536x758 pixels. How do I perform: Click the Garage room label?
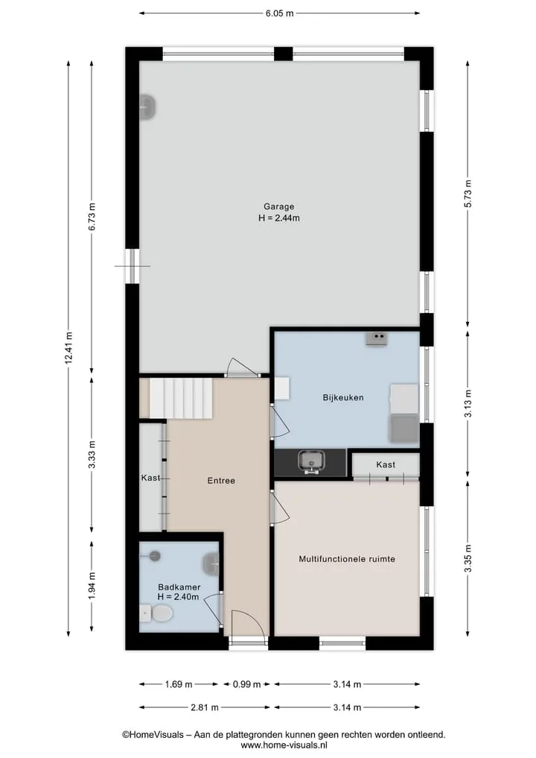pos(278,206)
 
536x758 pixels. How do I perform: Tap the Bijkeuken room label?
pos(343,398)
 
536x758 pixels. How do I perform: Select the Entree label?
pos(221,481)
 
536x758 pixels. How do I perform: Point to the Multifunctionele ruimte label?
pos(347,559)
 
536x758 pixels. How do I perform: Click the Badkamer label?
pos(179,587)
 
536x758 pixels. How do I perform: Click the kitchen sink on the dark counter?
pos(311,461)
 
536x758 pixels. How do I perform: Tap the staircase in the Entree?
pos(181,398)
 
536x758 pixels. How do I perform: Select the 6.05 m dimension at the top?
pos(280,13)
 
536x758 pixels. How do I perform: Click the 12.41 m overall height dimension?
pos(68,348)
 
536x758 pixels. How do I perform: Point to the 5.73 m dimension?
pos(468,193)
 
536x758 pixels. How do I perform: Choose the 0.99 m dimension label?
pos(246,684)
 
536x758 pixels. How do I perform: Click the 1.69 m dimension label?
pos(179,684)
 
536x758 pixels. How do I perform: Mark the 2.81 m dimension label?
pos(205,707)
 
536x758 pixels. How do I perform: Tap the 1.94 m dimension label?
pos(92,585)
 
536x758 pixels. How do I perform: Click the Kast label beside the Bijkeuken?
pos(386,464)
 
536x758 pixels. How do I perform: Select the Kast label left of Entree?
pos(150,478)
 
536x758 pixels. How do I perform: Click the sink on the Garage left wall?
pos(147,107)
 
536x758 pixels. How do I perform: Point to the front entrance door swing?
pos(248,624)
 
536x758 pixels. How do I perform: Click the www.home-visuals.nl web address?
pos(284,745)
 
